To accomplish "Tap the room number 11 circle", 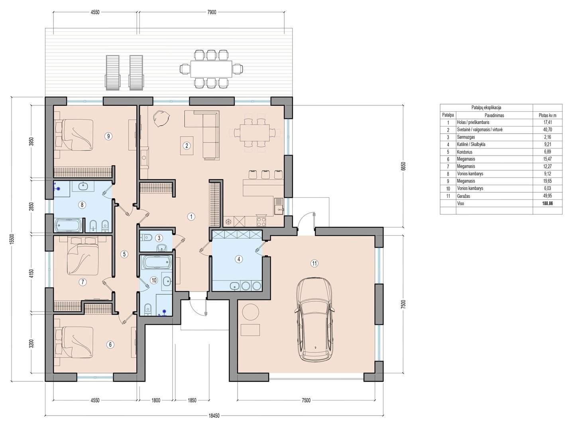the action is coord(315,263).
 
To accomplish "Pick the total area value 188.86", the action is coord(547,203).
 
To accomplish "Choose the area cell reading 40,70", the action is coord(547,130).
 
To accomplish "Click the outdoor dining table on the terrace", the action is coord(211,69).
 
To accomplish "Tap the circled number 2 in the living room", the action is coord(187,146).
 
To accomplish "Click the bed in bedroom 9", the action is coord(74,135).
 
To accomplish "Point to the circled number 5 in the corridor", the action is coord(124,254).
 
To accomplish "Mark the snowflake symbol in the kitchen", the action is coord(229,222).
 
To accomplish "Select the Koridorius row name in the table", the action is coord(464,152).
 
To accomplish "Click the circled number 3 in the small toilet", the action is coord(159,238).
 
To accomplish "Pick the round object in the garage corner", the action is coord(250,312).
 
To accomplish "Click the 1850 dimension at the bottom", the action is coord(192,400).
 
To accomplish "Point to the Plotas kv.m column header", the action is coord(547,115).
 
